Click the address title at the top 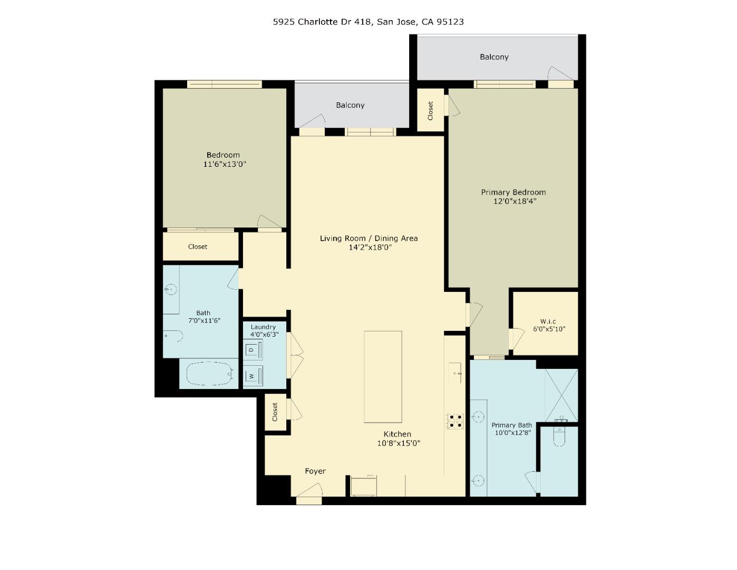pos(368,22)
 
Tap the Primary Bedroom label pos(513,192)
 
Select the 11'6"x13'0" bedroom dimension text pos(225,164)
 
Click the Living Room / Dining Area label pos(368,238)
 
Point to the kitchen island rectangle pos(383,376)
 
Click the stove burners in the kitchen pos(455,421)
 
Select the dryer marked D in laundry pos(253,349)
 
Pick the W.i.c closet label pos(548,321)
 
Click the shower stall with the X pos(561,395)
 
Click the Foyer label pos(315,471)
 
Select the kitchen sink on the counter pos(455,373)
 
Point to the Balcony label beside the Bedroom pos(350,105)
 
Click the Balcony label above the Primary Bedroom pos(494,57)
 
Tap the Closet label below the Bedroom pos(198,246)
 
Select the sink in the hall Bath pos(170,289)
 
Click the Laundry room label pos(263,327)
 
